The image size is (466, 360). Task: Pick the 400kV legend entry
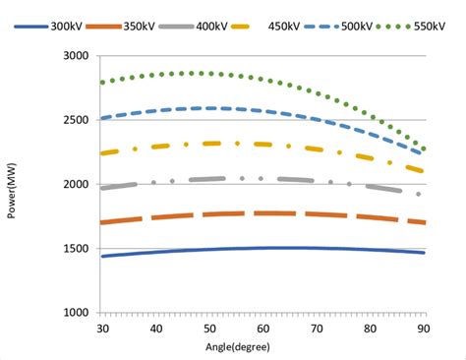[213, 26]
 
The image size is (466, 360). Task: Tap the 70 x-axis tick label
[316, 328]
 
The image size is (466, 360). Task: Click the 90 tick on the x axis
[423, 328]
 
